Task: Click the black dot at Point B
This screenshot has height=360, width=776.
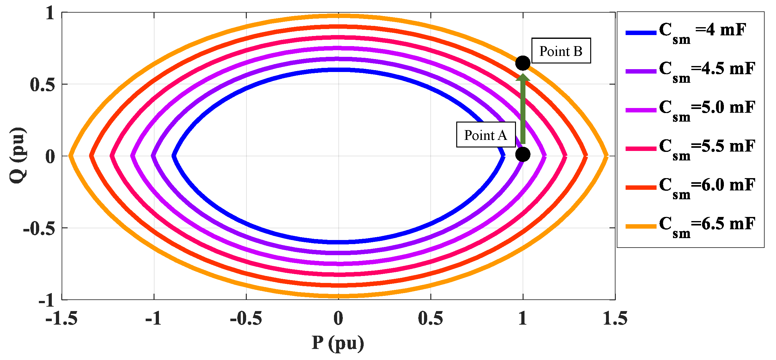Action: click(x=523, y=63)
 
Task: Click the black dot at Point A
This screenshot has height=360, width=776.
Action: click(x=523, y=154)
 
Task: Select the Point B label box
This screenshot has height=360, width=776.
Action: click(x=561, y=51)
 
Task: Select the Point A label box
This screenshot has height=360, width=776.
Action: click(x=486, y=135)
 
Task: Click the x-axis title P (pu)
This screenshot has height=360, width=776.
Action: click(x=338, y=344)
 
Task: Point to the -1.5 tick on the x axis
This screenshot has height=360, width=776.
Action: click(x=62, y=318)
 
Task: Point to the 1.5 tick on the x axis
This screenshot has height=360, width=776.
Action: click(x=615, y=318)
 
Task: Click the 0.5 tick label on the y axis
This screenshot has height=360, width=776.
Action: click(x=42, y=85)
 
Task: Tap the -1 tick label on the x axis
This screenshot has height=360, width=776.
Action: click(x=154, y=318)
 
